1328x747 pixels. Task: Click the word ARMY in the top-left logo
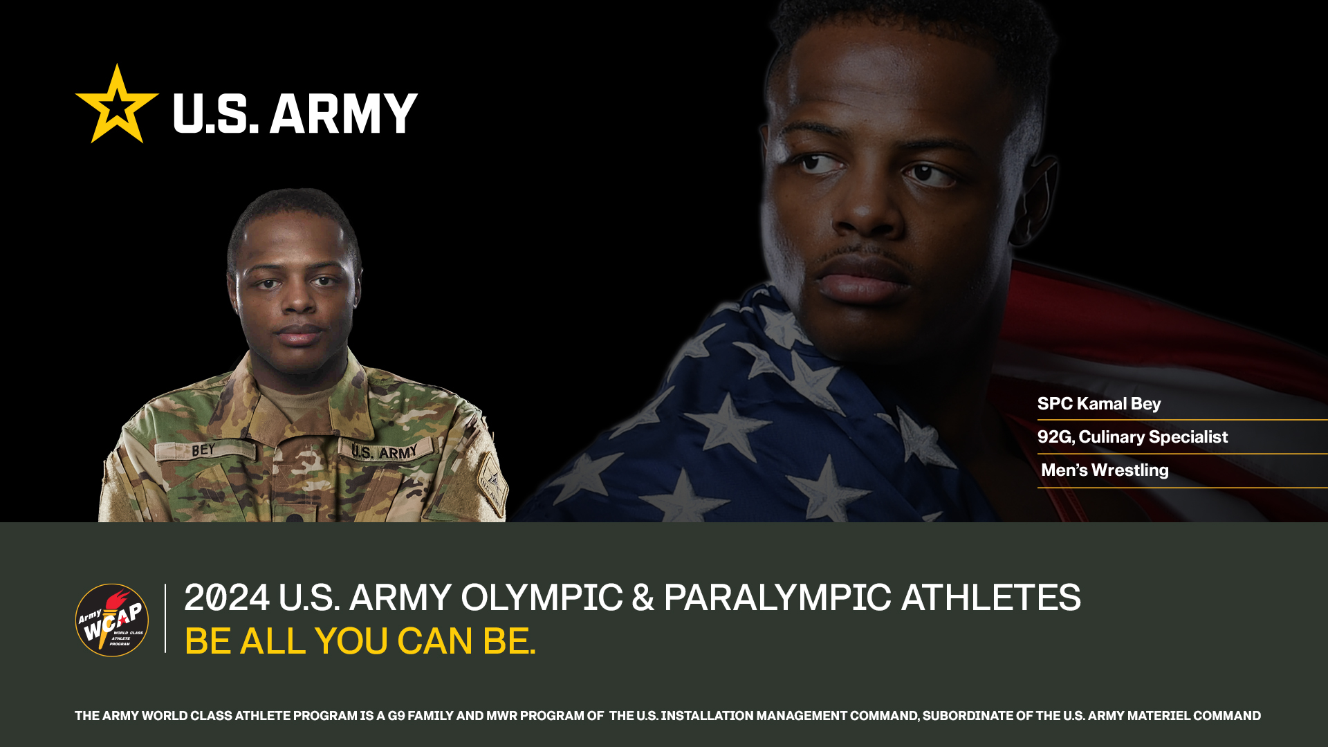coord(344,113)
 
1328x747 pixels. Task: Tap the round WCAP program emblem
coord(112,620)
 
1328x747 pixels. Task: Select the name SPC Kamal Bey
coord(1099,404)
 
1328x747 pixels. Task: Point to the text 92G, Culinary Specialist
coord(1132,437)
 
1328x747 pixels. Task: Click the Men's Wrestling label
coord(1105,470)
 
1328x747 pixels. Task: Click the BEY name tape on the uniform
coord(203,450)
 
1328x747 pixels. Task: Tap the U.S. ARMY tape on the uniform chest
coord(385,451)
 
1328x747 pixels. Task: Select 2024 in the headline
coord(227,598)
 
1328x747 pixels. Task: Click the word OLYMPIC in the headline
coord(542,598)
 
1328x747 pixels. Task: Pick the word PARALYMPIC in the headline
coord(777,598)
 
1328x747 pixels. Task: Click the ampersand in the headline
coord(643,598)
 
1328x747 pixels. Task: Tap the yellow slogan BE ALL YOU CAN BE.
coord(360,641)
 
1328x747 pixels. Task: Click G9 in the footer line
coord(396,716)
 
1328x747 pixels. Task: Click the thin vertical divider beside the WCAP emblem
coord(165,618)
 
